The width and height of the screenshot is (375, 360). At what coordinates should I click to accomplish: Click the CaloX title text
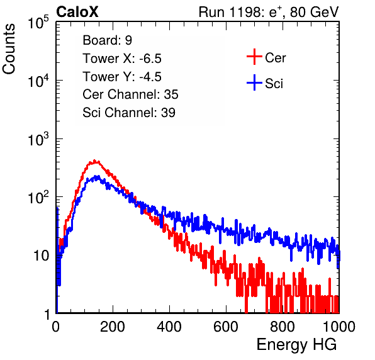[x=77, y=12]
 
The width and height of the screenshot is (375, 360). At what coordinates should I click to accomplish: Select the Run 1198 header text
[x=269, y=12]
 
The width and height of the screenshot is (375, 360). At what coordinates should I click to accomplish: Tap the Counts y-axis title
[x=9, y=49]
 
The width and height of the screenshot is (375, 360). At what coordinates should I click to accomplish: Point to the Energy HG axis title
[x=296, y=345]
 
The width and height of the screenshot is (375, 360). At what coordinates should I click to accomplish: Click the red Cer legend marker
[x=254, y=57]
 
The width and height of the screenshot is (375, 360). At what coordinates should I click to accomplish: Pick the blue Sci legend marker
[x=254, y=82]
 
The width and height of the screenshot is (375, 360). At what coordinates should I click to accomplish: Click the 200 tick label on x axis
[x=113, y=327]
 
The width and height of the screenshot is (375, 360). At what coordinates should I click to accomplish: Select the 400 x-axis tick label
[x=169, y=327]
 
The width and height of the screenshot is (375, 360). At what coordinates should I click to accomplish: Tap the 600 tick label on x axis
[x=226, y=327]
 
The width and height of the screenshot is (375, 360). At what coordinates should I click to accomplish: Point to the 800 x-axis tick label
[x=283, y=327]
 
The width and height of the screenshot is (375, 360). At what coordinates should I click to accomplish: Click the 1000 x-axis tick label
[x=339, y=327]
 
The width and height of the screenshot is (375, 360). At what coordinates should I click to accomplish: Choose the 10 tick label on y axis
[x=42, y=256]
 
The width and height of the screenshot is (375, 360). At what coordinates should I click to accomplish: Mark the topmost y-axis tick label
[x=38, y=22]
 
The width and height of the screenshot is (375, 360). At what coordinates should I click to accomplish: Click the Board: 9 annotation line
[x=107, y=40]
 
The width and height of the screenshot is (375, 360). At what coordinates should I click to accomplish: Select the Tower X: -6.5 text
[x=122, y=59]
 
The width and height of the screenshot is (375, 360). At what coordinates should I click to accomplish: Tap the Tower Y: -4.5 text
[x=122, y=77]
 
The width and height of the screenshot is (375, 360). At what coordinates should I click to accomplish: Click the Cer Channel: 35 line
[x=130, y=94]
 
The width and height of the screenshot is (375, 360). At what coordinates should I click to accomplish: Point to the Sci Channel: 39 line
[x=129, y=112]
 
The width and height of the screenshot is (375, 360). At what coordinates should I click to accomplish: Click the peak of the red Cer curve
[x=94, y=160]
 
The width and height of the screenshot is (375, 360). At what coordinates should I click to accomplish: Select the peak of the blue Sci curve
[x=97, y=176]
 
